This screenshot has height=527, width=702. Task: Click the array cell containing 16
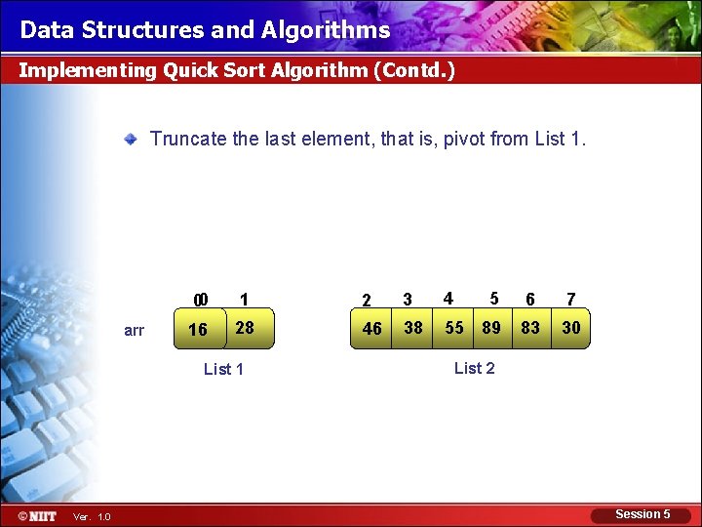click(x=198, y=330)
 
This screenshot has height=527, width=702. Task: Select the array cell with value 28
click(x=245, y=328)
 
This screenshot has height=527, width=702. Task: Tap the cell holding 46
click(x=372, y=329)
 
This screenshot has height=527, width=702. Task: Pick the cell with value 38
click(x=413, y=328)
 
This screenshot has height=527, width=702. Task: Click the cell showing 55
click(x=454, y=328)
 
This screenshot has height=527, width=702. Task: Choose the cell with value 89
click(x=491, y=328)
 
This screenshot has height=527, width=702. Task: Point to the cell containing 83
click(x=530, y=328)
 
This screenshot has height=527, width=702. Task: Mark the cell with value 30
click(x=571, y=328)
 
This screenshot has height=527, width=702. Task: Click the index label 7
click(x=571, y=300)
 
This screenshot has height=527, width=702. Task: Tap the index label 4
click(x=448, y=298)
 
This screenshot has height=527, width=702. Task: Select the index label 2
click(x=366, y=301)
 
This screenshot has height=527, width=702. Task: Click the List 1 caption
click(x=223, y=369)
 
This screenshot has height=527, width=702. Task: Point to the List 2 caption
click(x=475, y=368)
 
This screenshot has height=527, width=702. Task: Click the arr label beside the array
click(x=135, y=331)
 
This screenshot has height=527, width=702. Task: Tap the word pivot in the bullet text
click(x=464, y=139)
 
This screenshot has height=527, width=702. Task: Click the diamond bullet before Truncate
click(x=130, y=139)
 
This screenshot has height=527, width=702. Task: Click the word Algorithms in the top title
click(x=326, y=30)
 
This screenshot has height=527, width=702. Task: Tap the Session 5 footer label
click(x=643, y=514)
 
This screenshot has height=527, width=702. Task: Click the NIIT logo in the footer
click(x=37, y=515)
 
